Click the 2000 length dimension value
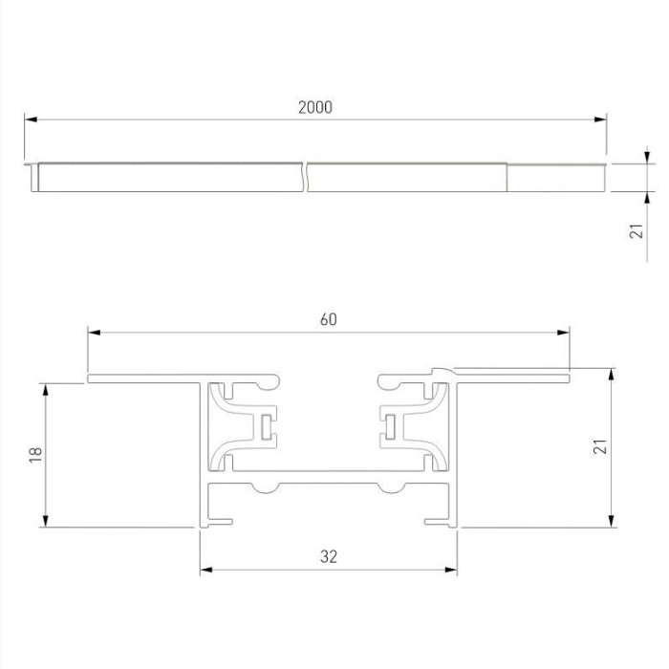[314, 107]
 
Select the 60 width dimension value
[328, 319]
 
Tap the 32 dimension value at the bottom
[329, 556]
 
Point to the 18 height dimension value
[35, 455]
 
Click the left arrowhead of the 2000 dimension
[30, 119]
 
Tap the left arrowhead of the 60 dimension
[93, 332]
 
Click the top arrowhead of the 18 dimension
[44, 388]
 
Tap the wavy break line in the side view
[306, 178]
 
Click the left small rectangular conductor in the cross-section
[263, 427]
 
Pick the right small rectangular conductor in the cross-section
[391, 427]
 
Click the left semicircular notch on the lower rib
[265, 489]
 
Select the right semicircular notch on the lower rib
[390, 489]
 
